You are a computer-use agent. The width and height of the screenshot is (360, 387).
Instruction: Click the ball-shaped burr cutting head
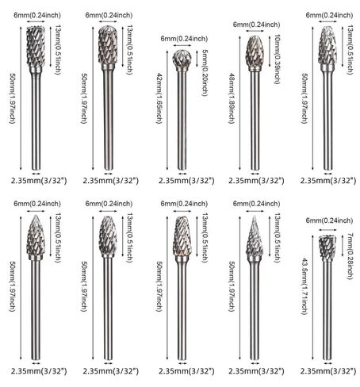[x=182, y=58]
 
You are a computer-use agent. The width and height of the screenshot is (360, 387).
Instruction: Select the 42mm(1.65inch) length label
[x=159, y=98]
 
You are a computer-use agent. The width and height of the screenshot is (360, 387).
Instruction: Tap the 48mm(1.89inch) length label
[x=232, y=98]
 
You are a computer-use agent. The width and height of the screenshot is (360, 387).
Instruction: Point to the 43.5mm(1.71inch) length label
[x=304, y=286]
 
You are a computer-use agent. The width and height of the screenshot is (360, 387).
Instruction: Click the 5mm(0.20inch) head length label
[x=205, y=73]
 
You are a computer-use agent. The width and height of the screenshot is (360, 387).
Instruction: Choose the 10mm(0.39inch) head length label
[x=277, y=59]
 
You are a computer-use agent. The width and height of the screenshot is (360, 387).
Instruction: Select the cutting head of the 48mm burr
[x=255, y=52]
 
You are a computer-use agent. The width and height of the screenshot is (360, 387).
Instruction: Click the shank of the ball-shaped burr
[x=182, y=121]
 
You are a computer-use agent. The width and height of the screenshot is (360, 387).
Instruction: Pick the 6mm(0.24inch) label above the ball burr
[x=184, y=39]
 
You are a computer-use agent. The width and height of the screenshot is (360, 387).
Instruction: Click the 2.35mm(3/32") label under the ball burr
[x=186, y=181]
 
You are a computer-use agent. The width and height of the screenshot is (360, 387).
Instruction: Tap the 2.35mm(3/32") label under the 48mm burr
[x=256, y=181]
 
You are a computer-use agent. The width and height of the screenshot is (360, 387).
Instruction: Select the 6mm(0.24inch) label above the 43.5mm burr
[x=329, y=220]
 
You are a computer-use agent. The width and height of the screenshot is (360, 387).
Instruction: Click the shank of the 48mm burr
[x=255, y=121]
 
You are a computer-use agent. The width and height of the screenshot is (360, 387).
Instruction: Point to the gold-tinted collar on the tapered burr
[x=182, y=255]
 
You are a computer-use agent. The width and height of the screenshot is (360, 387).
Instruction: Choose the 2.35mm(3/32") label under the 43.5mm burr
[x=328, y=371]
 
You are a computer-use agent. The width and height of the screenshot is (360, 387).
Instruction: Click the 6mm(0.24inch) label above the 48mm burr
[x=256, y=25]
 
